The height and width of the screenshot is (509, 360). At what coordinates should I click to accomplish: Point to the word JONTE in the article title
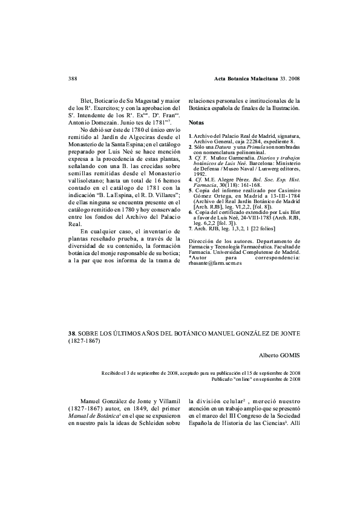(x=289, y=333)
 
